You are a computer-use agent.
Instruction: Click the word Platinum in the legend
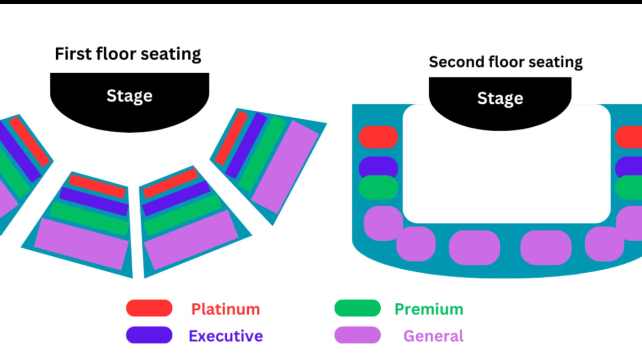click(225, 309)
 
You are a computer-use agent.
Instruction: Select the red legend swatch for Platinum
click(149, 308)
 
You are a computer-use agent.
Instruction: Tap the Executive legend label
click(225, 336)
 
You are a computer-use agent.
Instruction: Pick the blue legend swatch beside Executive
click(149, 335)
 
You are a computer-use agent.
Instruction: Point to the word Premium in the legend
click(429, 309)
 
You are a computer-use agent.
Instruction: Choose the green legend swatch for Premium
click(357, 308)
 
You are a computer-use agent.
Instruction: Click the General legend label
click(433, 336)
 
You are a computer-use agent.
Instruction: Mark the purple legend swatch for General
click(357, 335)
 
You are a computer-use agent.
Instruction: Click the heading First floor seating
click(128, 54)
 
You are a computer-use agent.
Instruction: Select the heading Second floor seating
click(506, 62)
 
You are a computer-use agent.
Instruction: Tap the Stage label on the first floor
click(129, 96)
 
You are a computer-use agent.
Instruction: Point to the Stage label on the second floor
click(500, 98)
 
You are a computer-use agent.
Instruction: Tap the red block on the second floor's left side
click(378, 137)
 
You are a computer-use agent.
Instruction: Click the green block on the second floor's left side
click(378, 188)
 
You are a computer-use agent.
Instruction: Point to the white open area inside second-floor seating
click(506, 177)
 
